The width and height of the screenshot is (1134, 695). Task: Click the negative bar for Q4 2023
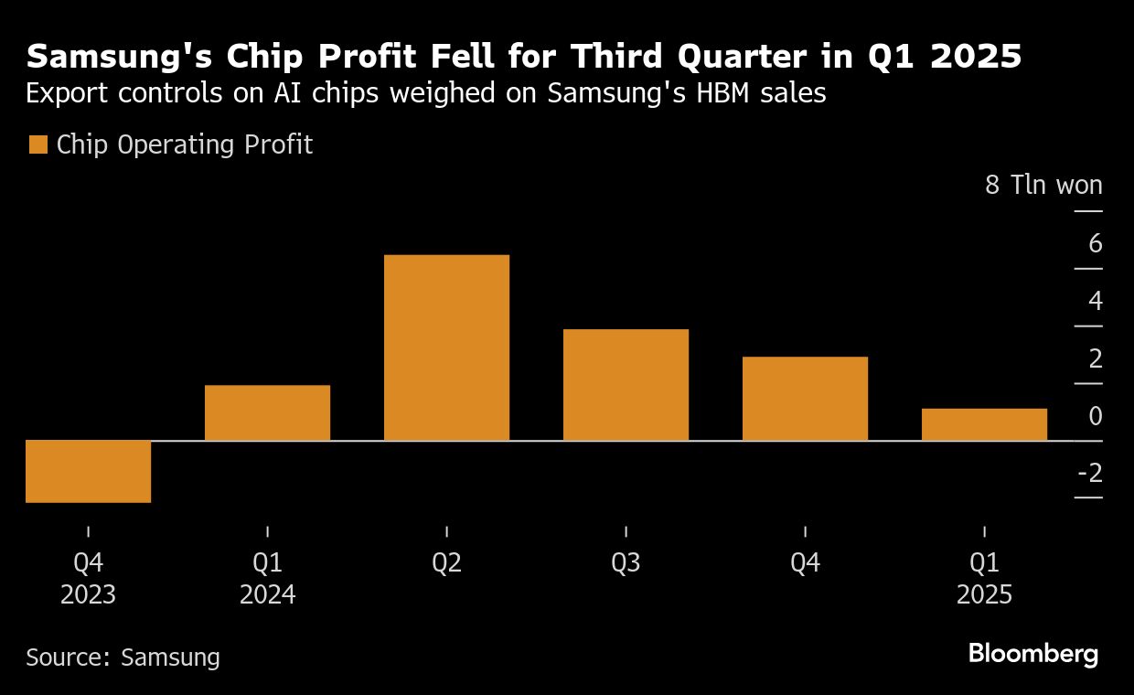(x=88, y=471)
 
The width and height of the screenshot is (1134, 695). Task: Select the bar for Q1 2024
(x=267, y=412)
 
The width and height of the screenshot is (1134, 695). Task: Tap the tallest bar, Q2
(x=446, y=347)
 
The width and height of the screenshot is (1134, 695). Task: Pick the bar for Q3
(x=626, y=384)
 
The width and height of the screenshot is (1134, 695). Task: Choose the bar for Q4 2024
(x=805, y=398)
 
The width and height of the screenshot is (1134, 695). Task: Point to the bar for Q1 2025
(x=984, y=424)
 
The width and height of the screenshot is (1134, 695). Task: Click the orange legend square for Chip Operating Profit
(x=37, y=144)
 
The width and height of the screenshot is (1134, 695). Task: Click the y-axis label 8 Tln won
(x=1043, y=186)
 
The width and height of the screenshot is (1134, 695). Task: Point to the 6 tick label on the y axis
(x=1095, y=244)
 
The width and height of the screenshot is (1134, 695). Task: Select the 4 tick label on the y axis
(x=1095, y=301)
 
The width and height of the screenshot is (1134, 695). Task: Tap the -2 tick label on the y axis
(x=1089, y=473)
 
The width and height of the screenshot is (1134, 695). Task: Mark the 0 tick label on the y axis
(x=1095, y=416)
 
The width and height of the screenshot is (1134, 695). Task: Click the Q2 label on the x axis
(x=446, y=563)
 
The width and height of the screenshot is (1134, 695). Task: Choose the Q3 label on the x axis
(x=626, y=563)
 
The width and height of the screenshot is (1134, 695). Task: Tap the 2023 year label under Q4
(x=88, y=595)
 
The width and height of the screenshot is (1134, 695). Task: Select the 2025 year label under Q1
(x=984, y=595)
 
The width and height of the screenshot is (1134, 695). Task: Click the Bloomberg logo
(x=1032, y=655)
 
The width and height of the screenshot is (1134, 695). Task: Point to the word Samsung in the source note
(x=171, y=658)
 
